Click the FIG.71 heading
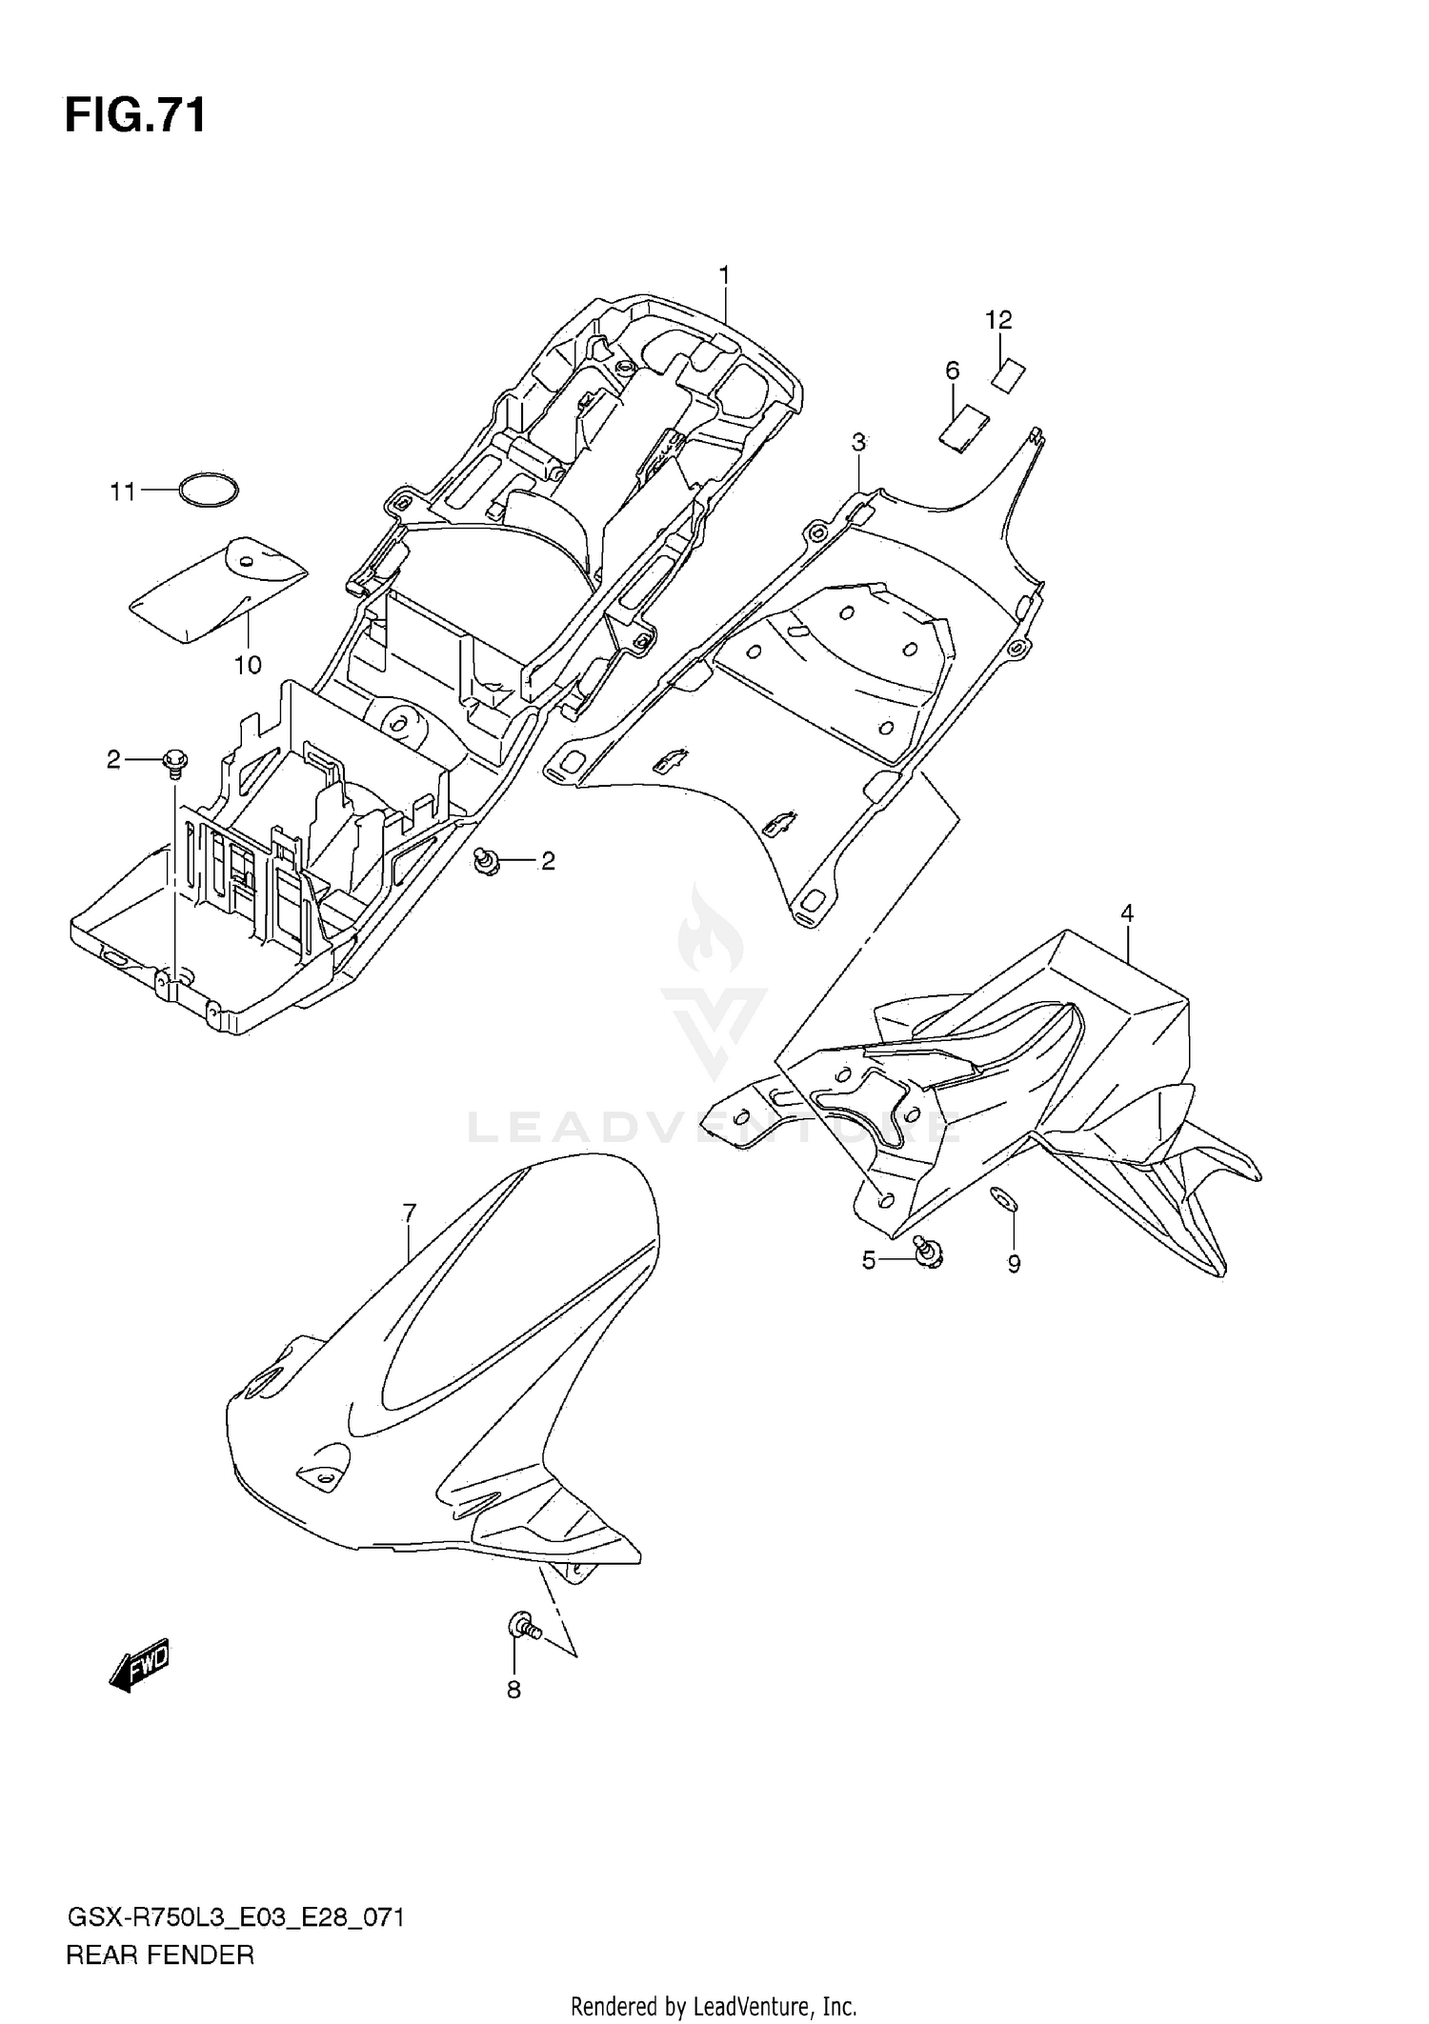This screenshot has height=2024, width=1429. (135, 116)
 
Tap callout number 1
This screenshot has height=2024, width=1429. (724, 275)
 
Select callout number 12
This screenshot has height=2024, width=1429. (998, 320)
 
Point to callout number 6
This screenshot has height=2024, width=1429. (952, 370)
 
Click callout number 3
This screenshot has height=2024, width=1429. (858, 442)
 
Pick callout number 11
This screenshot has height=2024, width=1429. (122, 492)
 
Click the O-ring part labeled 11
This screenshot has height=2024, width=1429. (209, 491)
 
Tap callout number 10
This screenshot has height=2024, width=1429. (248, 665)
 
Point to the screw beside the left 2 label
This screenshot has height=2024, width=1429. (175, 761)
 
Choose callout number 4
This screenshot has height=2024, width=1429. (1127, 913)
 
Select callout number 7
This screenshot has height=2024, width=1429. (410, 1213)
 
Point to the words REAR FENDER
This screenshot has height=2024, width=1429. (160, 1955)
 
